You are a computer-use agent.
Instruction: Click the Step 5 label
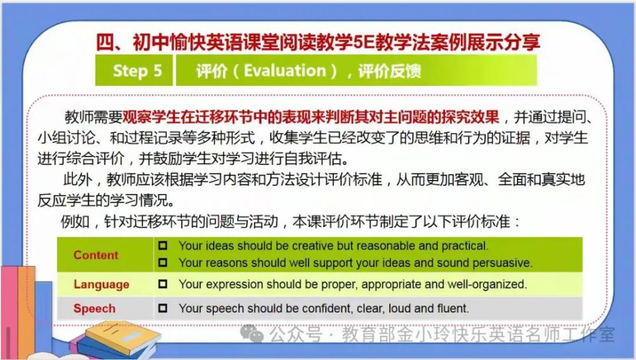coord(137,71)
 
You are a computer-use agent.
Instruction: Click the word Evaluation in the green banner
coord(285,71)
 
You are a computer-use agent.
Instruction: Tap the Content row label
coord(96,255)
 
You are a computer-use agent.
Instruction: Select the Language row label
coord(101,284)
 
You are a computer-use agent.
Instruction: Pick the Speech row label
coord(95,308)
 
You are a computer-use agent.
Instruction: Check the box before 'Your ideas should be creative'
coord(163,246)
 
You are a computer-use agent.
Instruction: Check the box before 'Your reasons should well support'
coord(163,263)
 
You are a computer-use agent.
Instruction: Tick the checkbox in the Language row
coord(163,284)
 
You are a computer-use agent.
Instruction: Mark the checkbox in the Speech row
coord(163,308)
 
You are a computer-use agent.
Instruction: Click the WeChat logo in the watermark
coord(252,333)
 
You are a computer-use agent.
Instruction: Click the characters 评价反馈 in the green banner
coord(389,71)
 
